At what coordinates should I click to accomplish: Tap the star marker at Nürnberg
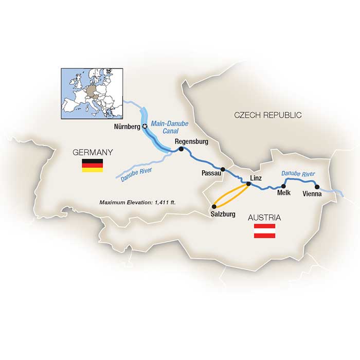(145, 125)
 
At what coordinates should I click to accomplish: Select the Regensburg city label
(191, 141)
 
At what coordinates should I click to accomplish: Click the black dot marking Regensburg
(181, 149)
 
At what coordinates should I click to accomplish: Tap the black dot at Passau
(223, 169)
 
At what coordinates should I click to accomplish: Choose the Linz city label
(255, 177)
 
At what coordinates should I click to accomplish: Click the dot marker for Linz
(248, 183)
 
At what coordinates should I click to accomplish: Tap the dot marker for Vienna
(317, 187)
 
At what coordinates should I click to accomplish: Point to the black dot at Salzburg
(214, 207)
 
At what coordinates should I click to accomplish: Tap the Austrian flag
(265, 231)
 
